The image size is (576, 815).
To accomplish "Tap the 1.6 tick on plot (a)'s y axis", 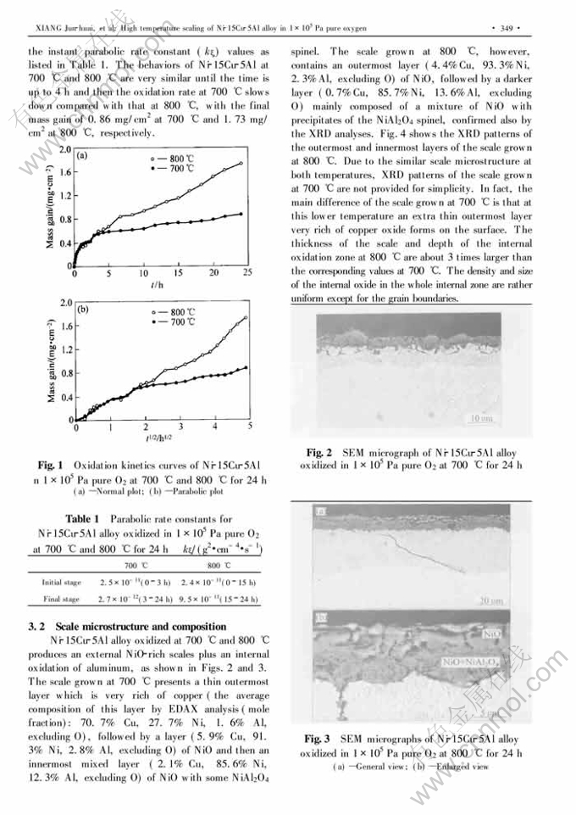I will click(64, 171).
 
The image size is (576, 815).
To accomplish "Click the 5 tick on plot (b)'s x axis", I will click(250, 427).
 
